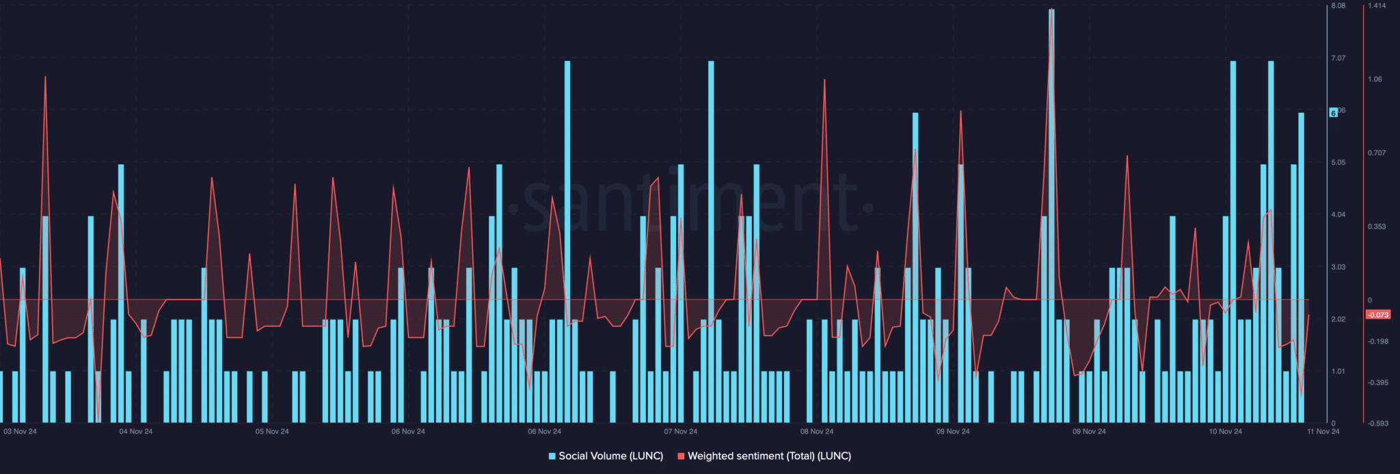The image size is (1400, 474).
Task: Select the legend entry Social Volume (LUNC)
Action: point(610,456)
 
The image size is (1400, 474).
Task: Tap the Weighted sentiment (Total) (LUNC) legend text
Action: point(769,456)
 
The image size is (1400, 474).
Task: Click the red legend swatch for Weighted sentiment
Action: point(681,456)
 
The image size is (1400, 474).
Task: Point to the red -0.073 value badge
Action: point(1377,315)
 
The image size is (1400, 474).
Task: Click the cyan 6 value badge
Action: point(1333,113)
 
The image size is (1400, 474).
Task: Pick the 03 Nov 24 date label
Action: point(21,432)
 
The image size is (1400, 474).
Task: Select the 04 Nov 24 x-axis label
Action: point(136,432)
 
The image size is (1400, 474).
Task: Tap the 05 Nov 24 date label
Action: point(272,432)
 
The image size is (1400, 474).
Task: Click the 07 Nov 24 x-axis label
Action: point(681,432)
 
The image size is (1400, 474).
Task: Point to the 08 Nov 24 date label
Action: point(817,432)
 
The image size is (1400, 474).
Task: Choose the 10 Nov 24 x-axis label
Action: point(1225,432)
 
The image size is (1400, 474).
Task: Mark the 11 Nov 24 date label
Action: point(1323,432)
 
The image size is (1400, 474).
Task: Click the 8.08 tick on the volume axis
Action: point(1338,6)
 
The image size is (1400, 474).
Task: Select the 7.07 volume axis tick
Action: point(1338,58)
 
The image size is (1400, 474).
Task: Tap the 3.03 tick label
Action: point(1338,267)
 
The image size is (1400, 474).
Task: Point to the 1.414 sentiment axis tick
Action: point(1377,6)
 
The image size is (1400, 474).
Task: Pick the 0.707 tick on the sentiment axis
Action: point(1377,153)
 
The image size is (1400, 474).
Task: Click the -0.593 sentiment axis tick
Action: point(1378,424)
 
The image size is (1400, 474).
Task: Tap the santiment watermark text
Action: point(690,205)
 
